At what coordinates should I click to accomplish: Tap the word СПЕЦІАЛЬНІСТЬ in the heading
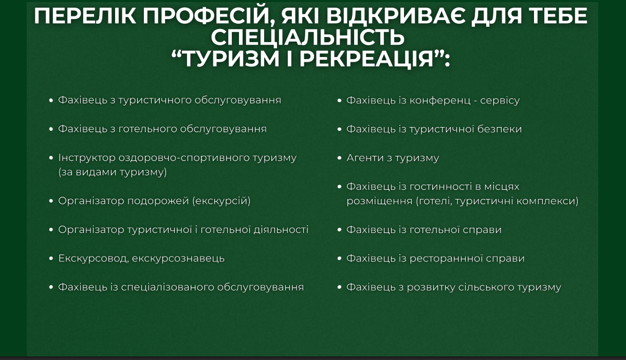coord(308,37)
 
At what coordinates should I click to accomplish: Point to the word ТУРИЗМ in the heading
coord(231,59)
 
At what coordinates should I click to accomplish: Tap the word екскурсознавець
coord(178,259)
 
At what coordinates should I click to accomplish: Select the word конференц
coord(440,100)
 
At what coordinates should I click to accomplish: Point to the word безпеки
coord(500,129)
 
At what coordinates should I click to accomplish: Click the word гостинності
coord(444,187)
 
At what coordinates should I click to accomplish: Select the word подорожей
coord(158,201)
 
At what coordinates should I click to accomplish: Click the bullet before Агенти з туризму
coord(340,158)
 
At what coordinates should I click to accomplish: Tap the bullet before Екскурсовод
coord(51,259)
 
